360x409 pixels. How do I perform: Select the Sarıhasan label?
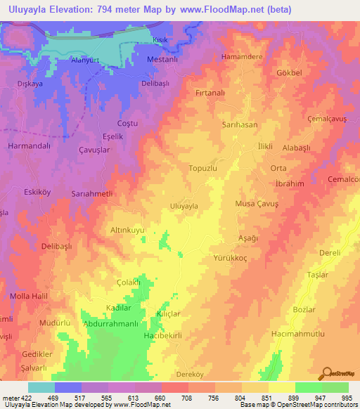pyautogui.click(x=240, y=124)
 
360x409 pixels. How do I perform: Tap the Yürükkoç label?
pyautogui.click(x=233, y=258)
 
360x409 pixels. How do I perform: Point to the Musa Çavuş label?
pyautogui.click(x=257, y=203)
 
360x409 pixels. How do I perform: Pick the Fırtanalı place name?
pyautogui.click(x=211, y=92)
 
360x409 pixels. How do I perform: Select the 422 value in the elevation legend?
pyautogui.click(x=22, y=398)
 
